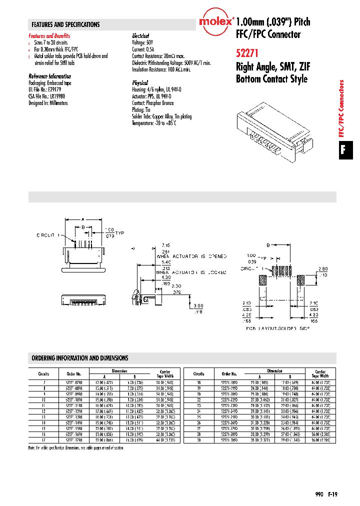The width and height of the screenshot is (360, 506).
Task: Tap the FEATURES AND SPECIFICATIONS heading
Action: [65, 24]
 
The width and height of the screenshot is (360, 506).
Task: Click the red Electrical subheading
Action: [140, 36]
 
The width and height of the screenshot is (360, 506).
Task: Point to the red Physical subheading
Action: [140, 82]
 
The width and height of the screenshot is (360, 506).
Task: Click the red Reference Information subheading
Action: [49, 76]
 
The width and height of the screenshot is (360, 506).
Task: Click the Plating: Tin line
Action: [141, 110]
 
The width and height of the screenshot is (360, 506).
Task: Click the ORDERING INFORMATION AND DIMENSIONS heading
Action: [80, 358]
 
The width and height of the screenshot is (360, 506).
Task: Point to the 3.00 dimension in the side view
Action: [199, 305]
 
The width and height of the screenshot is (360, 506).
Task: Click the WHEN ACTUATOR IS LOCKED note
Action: [190, 272]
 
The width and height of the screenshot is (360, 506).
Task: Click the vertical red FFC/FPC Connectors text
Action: [342, 108]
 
